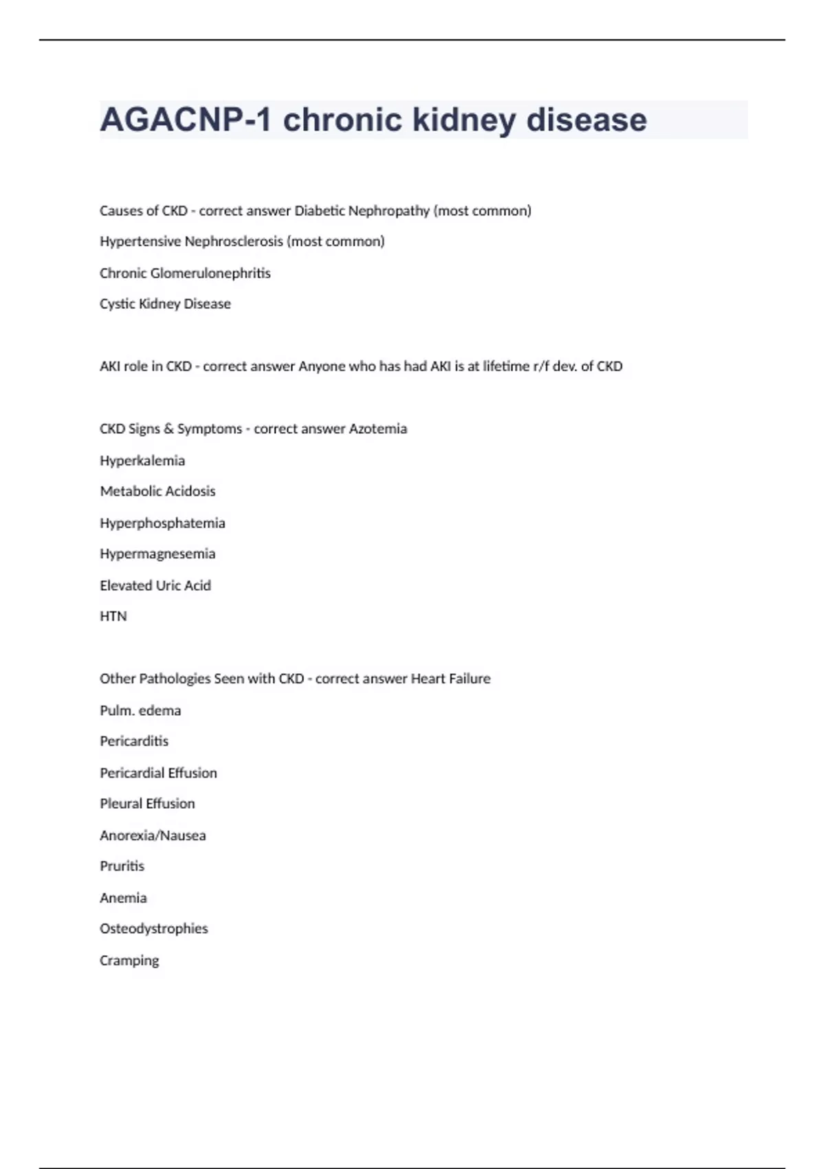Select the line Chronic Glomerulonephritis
185,273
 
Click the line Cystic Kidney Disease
165,304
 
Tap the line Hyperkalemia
142,461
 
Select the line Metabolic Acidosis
157,491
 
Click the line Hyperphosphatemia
162,523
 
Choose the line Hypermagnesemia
157,554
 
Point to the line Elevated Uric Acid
155,586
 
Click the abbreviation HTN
113,616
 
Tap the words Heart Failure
450,679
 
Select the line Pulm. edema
140,710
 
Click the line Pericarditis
134,741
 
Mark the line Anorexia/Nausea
153,835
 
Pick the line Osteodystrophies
153,928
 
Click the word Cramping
129,961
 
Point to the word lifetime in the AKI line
506,367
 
